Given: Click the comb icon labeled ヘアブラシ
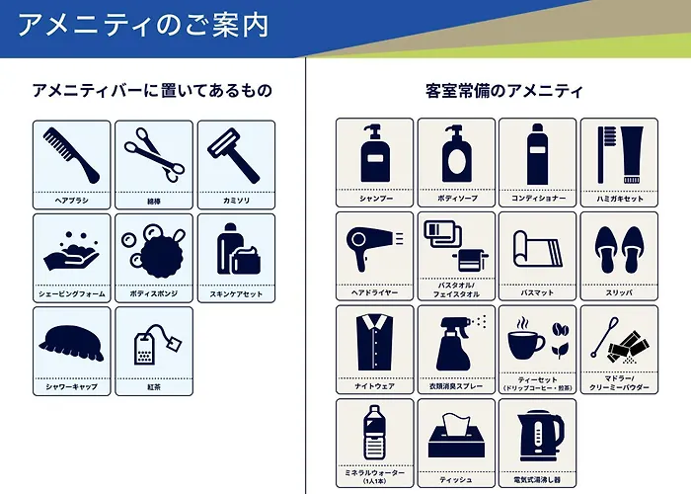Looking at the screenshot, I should pyautogui.click(x=72, y=153).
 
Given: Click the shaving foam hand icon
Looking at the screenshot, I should pyautogui.click(x=71, y=252).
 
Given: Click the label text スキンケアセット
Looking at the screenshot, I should pyautogui.click(x=236, y=294).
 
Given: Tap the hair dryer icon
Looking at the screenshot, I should pyautogui.click(x=372, y=247).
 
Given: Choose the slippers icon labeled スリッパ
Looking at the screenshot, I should pyautogui.click(x=616, y=246).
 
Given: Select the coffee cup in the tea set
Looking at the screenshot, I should pyautogui.click(x=526, y=343).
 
